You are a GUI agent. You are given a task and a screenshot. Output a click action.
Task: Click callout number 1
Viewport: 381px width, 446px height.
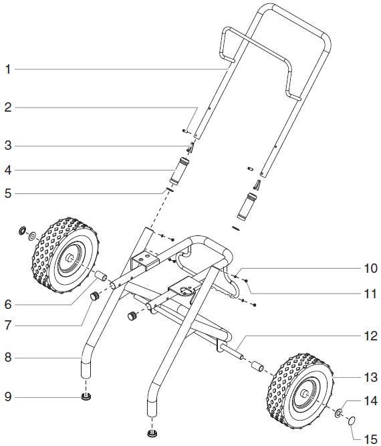click(9, 69)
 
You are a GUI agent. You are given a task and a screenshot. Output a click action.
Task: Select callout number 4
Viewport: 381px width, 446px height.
click(9, 170)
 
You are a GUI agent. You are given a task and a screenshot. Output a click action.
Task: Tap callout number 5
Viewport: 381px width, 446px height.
click(9, 194)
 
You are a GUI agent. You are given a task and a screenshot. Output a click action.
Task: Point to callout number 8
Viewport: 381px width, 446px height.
click(9, 358)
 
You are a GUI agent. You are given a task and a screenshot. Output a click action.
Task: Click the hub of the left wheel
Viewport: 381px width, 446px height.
click(70, 257)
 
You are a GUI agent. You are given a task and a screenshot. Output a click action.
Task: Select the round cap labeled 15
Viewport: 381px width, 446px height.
click(352, 422)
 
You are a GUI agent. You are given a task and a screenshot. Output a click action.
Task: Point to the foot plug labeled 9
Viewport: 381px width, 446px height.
click(86, 397)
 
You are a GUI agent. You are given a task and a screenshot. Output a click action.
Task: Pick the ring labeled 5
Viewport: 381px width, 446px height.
click(170, 190)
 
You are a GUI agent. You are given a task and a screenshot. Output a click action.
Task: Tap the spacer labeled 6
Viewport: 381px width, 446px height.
click(101, 277)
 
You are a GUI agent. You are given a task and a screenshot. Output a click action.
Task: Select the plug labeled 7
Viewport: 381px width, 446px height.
click(95, 296)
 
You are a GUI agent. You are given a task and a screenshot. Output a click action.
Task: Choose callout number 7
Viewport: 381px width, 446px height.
click(9, 326)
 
